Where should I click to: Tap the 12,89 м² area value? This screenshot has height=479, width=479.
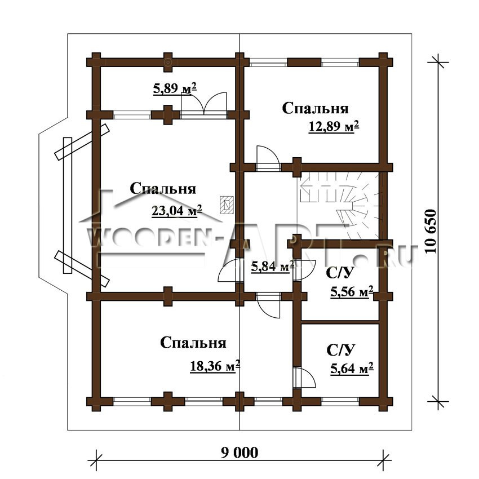pos(334,126)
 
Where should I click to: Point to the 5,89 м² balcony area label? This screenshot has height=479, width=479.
pos(175,88)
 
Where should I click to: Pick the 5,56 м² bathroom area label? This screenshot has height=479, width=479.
pos(352,292)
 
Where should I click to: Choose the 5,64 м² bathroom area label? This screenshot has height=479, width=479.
pos(352,369)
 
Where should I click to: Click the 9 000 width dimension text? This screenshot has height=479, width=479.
pos(239,453)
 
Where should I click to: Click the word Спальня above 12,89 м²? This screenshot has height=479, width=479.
pos(315,108)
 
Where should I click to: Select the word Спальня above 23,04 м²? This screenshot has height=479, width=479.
pos(163,188)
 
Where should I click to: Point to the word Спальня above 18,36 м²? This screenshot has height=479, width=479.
pos(193,343)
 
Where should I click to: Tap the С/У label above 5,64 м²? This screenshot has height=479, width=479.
pos(341,350)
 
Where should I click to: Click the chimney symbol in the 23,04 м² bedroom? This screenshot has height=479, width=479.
pos(227,205)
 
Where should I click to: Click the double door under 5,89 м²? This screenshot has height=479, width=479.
pos(204,104)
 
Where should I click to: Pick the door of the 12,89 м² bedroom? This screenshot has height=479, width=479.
pos(268,158)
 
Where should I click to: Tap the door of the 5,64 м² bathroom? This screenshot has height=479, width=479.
pos(304,378)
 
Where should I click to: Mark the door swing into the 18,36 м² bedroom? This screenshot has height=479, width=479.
pos(268,305)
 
